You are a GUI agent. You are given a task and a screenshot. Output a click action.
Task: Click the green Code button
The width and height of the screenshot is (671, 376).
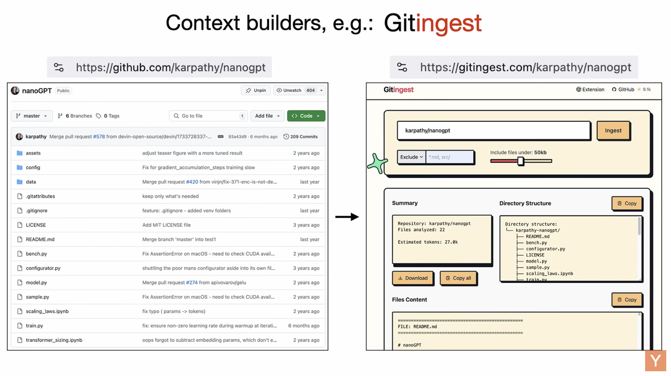[306, 116]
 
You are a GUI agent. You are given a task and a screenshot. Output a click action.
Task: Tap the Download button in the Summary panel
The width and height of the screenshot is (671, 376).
[413, 278]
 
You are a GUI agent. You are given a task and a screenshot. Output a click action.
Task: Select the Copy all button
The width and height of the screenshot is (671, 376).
[458, 278]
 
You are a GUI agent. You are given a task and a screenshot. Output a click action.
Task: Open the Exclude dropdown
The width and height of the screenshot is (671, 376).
[411, 157]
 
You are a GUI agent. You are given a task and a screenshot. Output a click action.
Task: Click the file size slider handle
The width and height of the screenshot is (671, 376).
[520, 161]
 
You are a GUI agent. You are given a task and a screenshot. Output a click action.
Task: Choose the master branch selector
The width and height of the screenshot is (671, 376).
[31, 116]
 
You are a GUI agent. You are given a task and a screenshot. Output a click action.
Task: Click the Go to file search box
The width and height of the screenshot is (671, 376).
[208, 116]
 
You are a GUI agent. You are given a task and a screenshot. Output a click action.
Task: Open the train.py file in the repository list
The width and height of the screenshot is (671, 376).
[34, 326]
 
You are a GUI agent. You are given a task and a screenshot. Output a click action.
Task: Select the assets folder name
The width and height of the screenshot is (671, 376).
[33, 153]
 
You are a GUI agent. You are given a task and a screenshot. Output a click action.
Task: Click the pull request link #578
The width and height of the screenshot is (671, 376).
[99, 137]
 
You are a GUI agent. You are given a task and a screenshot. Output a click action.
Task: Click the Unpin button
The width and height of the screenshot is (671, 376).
[256, 90]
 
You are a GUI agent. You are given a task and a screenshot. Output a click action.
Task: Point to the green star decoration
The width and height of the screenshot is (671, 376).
[377, 163]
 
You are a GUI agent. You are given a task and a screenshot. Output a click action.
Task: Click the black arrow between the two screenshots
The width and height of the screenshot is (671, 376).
[347, 217]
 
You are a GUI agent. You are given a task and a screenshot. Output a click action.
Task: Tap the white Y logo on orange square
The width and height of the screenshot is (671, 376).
[655, 361]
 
